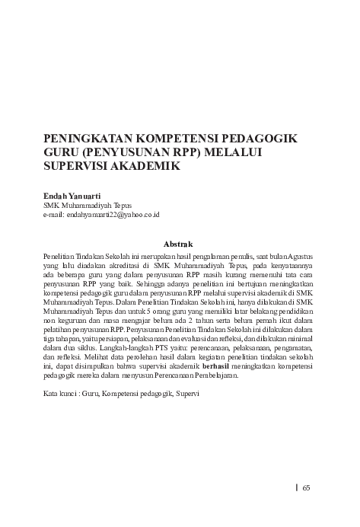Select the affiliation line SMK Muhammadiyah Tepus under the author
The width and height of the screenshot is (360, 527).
click(86, 205)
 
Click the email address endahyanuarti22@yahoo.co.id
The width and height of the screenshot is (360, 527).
click(100, 215)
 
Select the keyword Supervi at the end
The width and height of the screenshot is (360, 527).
click(187, 395)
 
